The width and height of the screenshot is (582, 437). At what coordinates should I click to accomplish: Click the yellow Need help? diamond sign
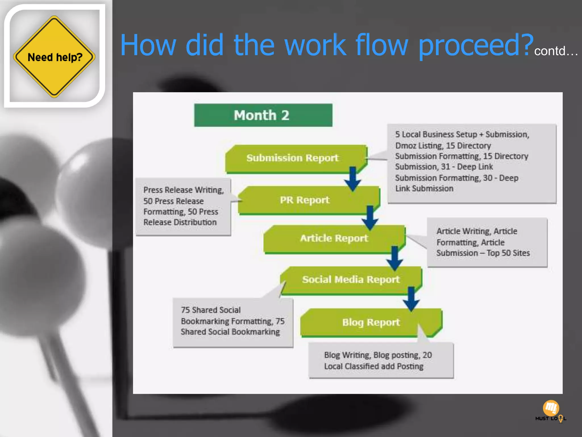pyautogui.click(x=54, y=57)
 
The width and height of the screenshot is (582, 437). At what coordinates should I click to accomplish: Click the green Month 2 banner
pyautogui.click(x=263, y=115)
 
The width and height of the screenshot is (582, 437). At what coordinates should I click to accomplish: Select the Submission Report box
pyautogui.click(x=293, y=158)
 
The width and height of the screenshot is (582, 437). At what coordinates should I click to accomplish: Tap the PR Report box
pyautogui.click(x=305, y=200)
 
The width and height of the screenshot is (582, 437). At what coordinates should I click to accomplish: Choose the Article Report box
pyautogui.click(x=334, y=238)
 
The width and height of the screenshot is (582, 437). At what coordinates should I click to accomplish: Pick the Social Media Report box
pyautogui.click(x=351, y=279)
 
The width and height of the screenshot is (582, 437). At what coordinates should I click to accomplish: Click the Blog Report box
pyautogui.click(x=371, y=322)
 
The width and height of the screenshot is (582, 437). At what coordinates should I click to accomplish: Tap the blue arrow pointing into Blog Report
pyautogui.click(x=411, y=299)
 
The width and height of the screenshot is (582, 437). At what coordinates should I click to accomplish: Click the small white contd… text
pyautogui.click(x=556, y=51)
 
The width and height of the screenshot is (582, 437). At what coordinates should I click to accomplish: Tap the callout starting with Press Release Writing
pyautogui.click(x=183, y=206)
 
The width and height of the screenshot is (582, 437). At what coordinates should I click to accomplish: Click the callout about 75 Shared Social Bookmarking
pyautogui.click(x=233, y=321)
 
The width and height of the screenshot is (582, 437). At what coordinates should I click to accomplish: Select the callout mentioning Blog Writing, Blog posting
pyautogui.click(x=381, y=360)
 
